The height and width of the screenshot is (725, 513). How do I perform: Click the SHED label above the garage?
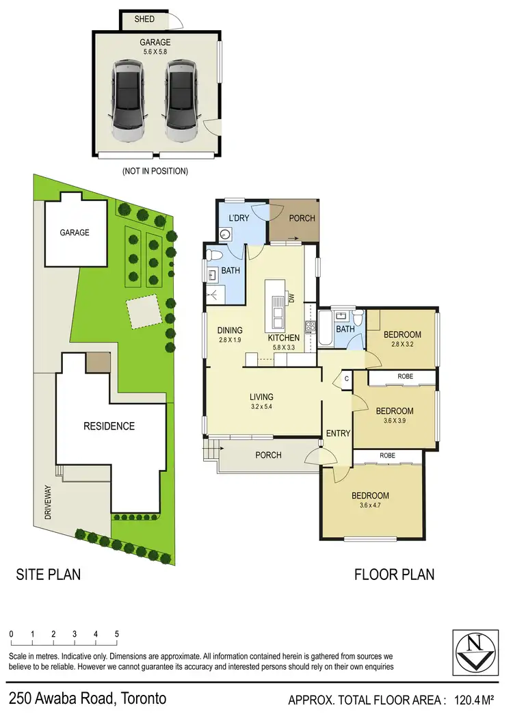coord(144,19)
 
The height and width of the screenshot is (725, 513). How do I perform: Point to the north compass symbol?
coord(473,651)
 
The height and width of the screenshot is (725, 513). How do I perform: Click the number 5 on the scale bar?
coord(117,634)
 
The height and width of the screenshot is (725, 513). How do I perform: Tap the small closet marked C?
coord(346,378)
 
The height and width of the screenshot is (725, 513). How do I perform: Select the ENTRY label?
coord(338,433)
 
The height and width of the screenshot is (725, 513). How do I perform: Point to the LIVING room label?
coord(261,397)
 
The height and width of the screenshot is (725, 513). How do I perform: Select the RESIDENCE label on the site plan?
coord(109,426)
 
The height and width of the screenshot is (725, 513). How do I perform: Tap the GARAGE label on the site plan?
coord(75,233)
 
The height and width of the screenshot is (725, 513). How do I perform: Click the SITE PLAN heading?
coord(48,574)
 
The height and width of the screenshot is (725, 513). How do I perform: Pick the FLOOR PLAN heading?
coord(394,574)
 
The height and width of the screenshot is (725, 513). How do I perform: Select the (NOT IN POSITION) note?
coord(155,171)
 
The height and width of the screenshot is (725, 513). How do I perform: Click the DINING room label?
coord(231,330)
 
